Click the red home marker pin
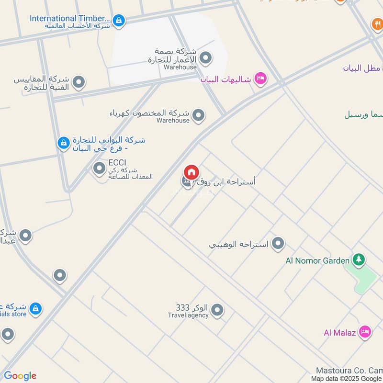pos(191,172)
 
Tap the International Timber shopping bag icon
pos(119,20)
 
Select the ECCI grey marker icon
pos(99,168)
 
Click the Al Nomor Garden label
pos(317,260)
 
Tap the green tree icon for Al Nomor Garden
pos(358,260)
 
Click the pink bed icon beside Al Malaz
pos(365,331)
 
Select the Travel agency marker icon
pos(217,310)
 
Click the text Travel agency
pos(188,315)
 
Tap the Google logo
pos(20,376)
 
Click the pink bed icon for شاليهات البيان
pos(260,78)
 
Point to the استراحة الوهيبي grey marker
pos(278,244)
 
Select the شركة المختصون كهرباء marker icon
pos(198,115)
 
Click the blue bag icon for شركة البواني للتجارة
pos(63,143)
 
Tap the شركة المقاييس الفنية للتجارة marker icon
pos(79,82)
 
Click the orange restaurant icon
pos(377,23)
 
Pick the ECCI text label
pos(117,163)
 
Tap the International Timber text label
pos(70,18)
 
